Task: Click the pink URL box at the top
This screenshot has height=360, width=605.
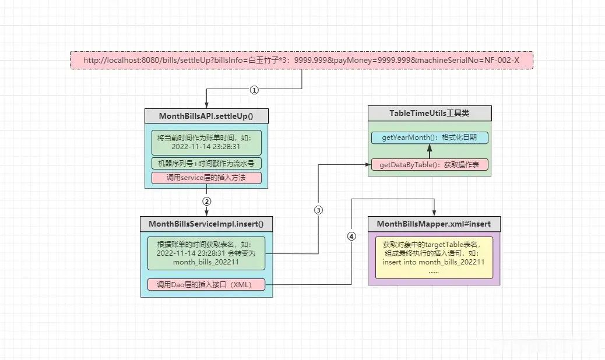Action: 301,61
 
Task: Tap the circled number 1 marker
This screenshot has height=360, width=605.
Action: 254,90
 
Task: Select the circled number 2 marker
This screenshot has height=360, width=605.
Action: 207,202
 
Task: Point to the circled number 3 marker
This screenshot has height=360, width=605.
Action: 318,210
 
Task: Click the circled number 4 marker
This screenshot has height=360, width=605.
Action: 351,237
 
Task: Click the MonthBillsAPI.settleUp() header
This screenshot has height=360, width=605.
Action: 206,116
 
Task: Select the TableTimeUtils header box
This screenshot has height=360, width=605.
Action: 430,114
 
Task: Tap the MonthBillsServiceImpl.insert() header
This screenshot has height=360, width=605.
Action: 206,224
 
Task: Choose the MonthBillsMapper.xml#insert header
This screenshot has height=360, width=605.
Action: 434,224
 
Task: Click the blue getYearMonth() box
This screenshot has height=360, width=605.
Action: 430,137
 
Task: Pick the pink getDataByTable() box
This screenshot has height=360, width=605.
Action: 430,165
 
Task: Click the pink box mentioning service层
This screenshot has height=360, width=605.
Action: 206,178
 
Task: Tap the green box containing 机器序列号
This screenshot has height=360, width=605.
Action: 206,164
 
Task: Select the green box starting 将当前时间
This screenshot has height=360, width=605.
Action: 206,142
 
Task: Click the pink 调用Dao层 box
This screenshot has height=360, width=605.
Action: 206,285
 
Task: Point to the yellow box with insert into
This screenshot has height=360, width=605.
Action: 434,257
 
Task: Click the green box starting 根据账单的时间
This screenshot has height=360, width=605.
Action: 206,253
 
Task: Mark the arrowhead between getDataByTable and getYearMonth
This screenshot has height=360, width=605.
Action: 430,147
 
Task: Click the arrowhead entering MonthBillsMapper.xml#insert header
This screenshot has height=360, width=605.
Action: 434,213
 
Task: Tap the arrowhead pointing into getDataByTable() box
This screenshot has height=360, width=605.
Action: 368,165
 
